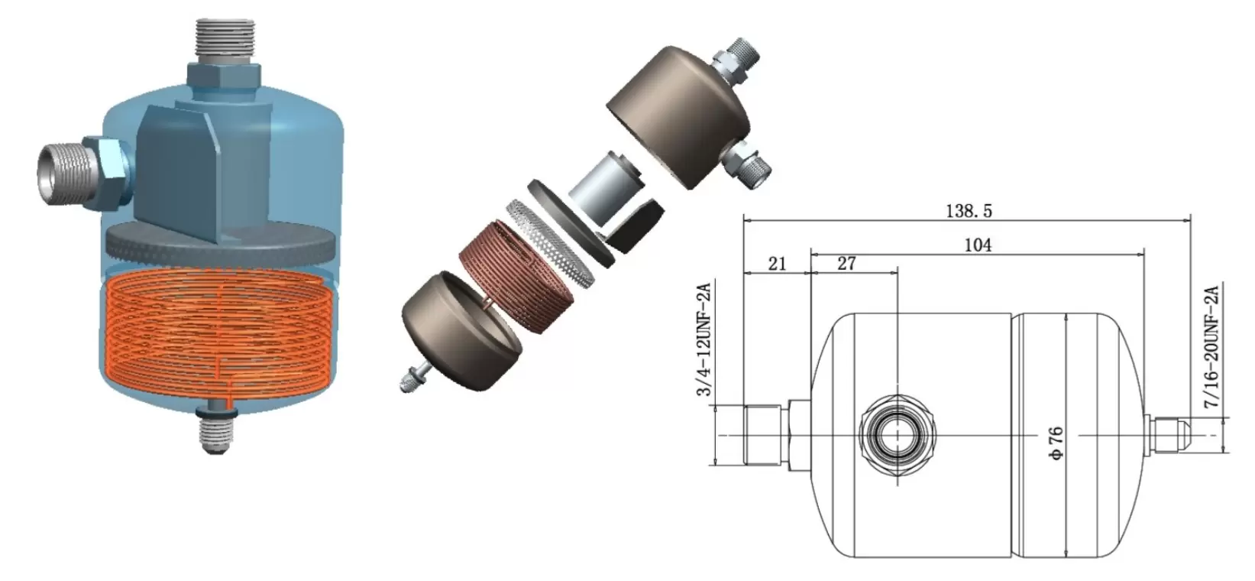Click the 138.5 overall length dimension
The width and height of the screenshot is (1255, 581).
pyautogui.click(x=969, y=212)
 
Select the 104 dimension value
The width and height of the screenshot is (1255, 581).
pyautogui.click(x=978, y=245)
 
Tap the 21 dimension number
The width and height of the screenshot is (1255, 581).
pyautogui.click(x=777, y=264)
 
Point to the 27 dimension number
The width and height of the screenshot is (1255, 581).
pyautogui.click(x=846, y=264)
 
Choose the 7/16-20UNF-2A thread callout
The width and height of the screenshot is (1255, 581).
pyautogui.click(x=1211, y=346)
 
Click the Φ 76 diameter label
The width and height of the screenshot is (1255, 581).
pyautogui.click(x=1055, y=443)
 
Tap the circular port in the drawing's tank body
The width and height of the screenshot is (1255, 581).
pyautogui.click(x=898, y=435)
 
